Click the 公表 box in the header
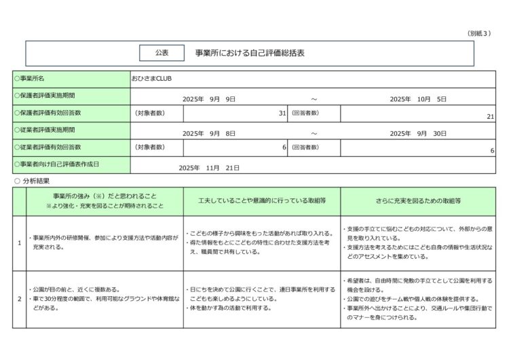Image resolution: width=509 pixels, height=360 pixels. click(x=162, y=52)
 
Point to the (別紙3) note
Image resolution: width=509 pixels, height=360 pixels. click(x=480, y=33)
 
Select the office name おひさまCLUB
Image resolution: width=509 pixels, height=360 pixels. click(x=152, y=79)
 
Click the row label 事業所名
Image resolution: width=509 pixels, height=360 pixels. click(x=33, y=79)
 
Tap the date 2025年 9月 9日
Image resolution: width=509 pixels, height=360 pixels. click(x=209, y=98)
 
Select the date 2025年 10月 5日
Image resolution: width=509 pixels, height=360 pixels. click(x=418, y=98)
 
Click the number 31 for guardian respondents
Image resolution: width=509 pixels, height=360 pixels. click(x=282, y=114)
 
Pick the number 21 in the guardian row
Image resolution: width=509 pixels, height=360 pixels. click(x=490, y=116)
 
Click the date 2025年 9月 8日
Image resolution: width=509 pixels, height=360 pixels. click(x=209, y=133)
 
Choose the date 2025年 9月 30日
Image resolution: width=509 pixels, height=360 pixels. click(x=418, y=133)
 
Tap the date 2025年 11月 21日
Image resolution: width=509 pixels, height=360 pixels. click(x=210, y=167)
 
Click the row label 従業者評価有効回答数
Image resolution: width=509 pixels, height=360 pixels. click(x=48, y=147)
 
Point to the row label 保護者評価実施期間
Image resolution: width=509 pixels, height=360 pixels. click(x=45, y=96)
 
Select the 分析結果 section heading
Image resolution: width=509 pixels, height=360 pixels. click(x=35, y=181)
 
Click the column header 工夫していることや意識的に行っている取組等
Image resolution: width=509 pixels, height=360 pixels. click(x=262, y=201)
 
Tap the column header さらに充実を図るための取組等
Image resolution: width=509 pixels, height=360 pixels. click(x=418, y=201)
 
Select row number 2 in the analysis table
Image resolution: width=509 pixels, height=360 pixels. click(x=19, y=299)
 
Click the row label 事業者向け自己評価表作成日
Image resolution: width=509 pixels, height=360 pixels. click(x=57, y=164)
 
